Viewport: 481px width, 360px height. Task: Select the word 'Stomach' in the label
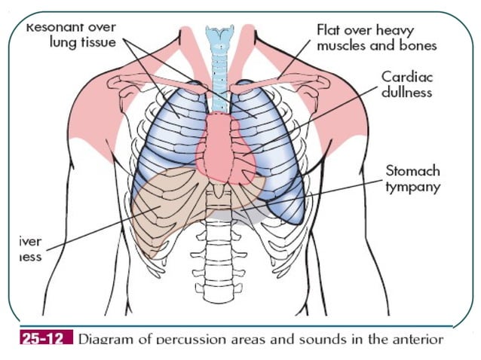click(x=412, y=171)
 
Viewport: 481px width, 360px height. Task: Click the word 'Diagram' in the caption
click(x=105, y=339)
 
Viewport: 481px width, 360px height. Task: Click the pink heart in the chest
click(x=222, y=147)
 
